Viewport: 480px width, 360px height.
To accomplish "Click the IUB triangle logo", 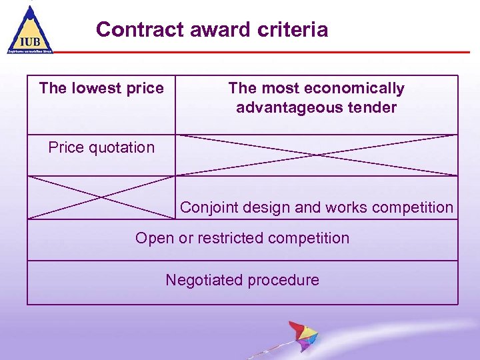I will click(30, 30).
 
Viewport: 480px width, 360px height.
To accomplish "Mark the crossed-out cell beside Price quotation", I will click(317, 155).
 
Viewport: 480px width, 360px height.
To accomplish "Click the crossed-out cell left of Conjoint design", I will click(101, 197).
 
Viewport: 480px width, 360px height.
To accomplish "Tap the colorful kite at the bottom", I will click(302, 337).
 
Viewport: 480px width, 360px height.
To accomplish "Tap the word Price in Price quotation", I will click(64, 147).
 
